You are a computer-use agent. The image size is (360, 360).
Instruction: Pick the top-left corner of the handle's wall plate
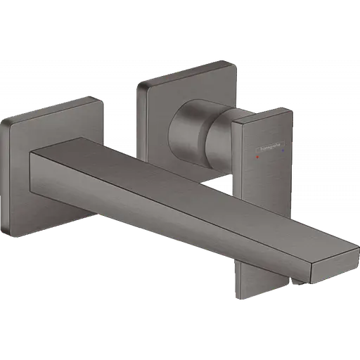click(139, 84)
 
